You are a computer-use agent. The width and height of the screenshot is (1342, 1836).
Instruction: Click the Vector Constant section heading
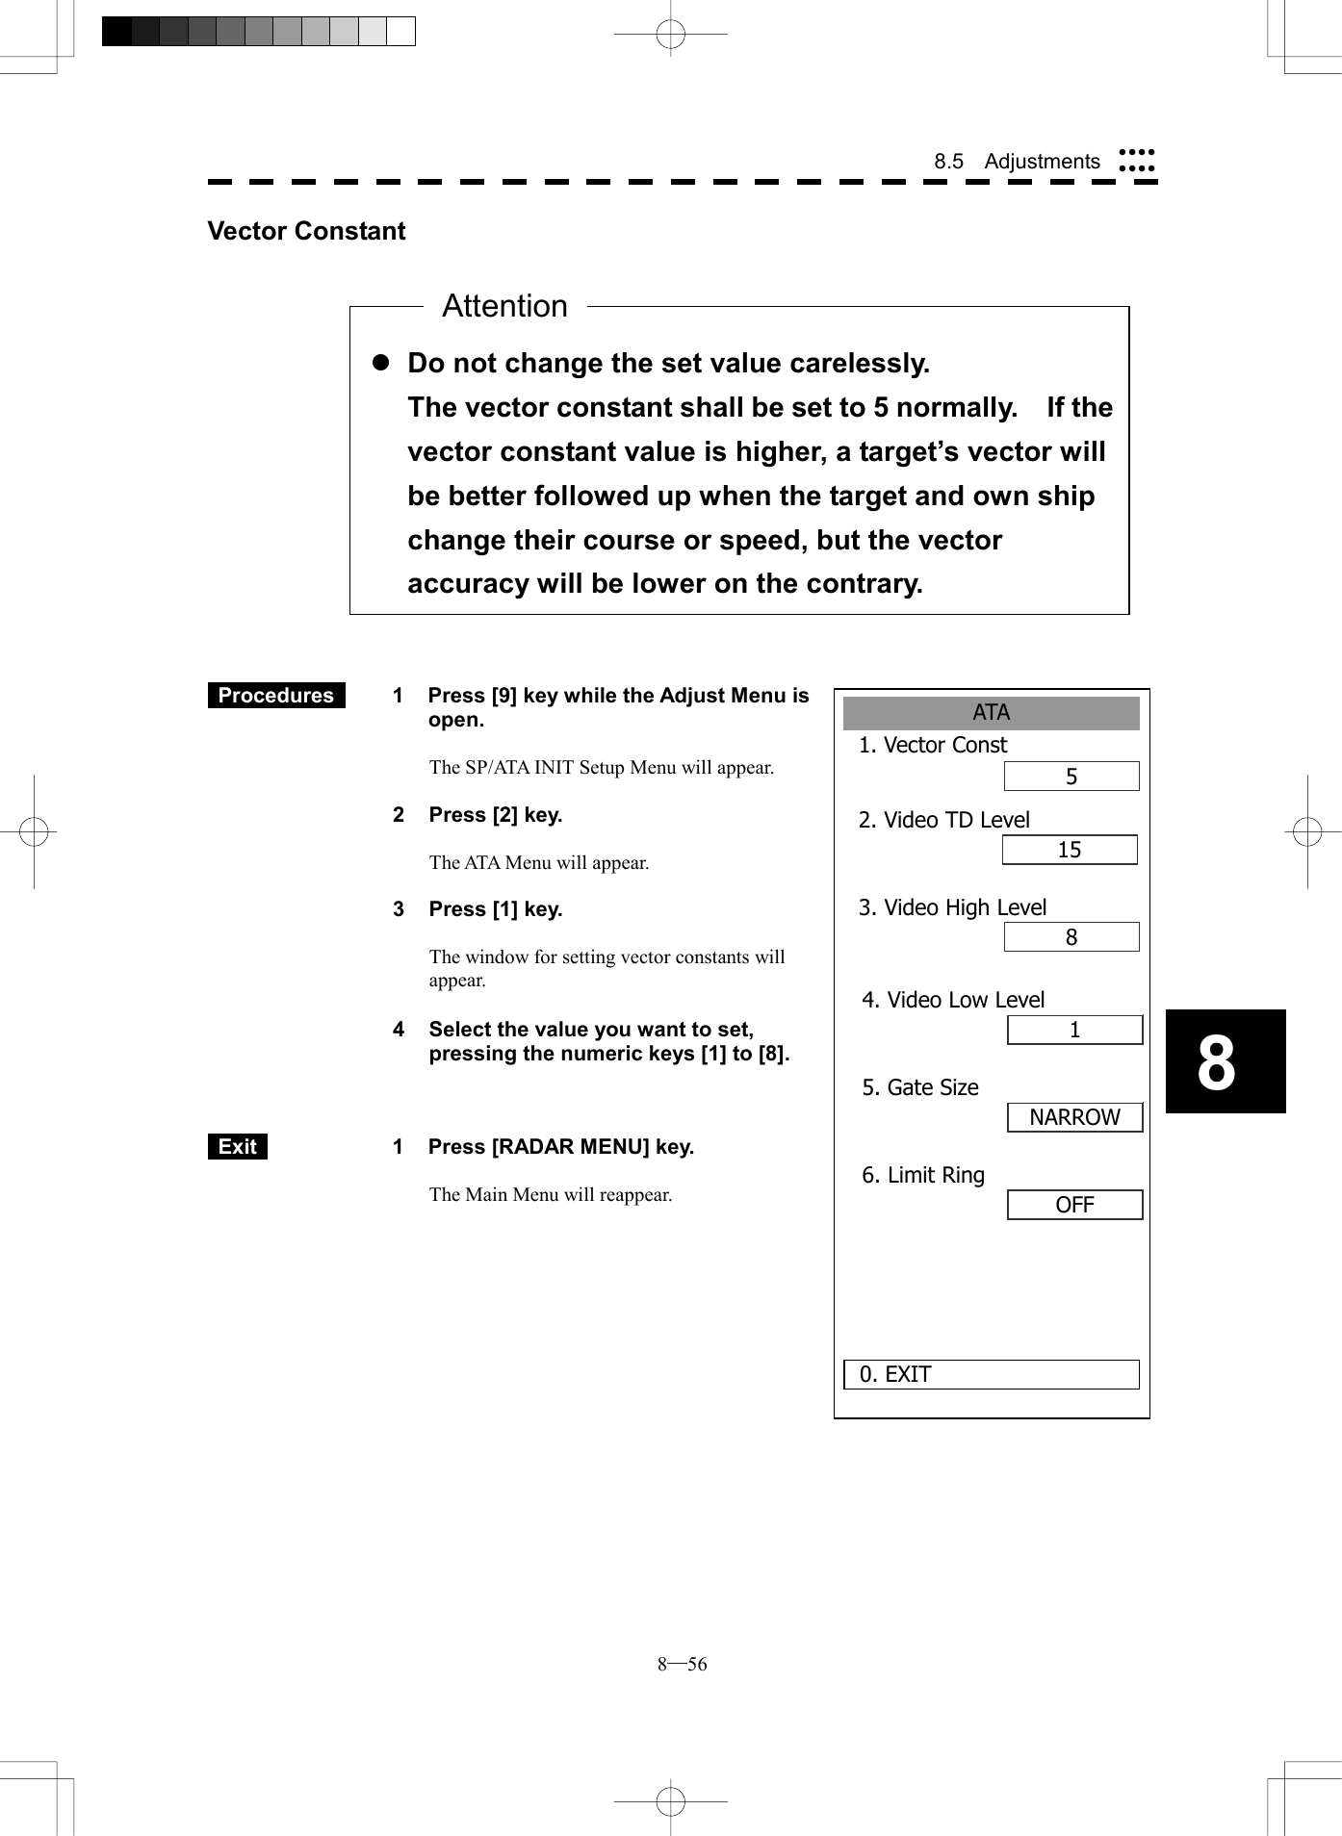pyautogui.click(x=306, y=231)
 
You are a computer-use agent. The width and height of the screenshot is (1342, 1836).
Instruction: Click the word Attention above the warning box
pyautogui.click(x=504, y=306)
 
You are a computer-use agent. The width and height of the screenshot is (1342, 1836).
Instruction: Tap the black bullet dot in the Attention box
pyautogui.click(x=380, y=363)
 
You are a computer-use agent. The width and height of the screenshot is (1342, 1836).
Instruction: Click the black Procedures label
pyautogui.click(x=276, y=695)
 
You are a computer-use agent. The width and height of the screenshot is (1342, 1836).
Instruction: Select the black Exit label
pyautogui.click(x=237, y=1146)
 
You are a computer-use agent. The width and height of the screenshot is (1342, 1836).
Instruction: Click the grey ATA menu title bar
pyautogui.click(x=991, y=713)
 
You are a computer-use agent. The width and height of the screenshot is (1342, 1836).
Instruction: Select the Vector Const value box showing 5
pyautogui.click(x=1071, y=777)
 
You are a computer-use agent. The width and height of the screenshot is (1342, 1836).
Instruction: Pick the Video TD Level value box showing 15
pyautogui.click(x=1069, y=850)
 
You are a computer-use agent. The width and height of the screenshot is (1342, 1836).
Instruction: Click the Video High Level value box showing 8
pyautogui.click(x=1071, y=937)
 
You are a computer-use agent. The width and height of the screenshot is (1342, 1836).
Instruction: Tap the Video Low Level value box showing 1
pyautogui.click(x=1074, y=1030)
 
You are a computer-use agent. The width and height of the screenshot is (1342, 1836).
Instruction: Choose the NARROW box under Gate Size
pyautogui.click(x=1074, y=1117)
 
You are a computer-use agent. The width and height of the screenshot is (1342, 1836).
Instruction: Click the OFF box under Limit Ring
pyautogui.click(x=1074, y=1205)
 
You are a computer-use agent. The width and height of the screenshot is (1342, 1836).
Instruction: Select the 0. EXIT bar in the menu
pyautogui.click(x=991, y=1374)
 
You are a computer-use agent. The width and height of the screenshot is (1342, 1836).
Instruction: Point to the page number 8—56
pyautogui.click(x=682, y=1664)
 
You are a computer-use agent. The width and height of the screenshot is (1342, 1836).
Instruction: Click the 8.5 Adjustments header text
pyautogui.click(x=1017, y=162)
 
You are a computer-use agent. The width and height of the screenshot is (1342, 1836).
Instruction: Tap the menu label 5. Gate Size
pyautogui.click(x=920, y=1087)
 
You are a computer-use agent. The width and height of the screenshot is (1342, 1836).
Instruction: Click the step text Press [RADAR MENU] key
pyautogui.click(x=560, y=1146)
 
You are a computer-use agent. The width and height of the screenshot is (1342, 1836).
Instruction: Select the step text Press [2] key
pyautogui.click(x=495, y=815)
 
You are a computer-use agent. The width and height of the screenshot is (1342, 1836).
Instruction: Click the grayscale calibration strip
pyautogui.click(x=258, y=32)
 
